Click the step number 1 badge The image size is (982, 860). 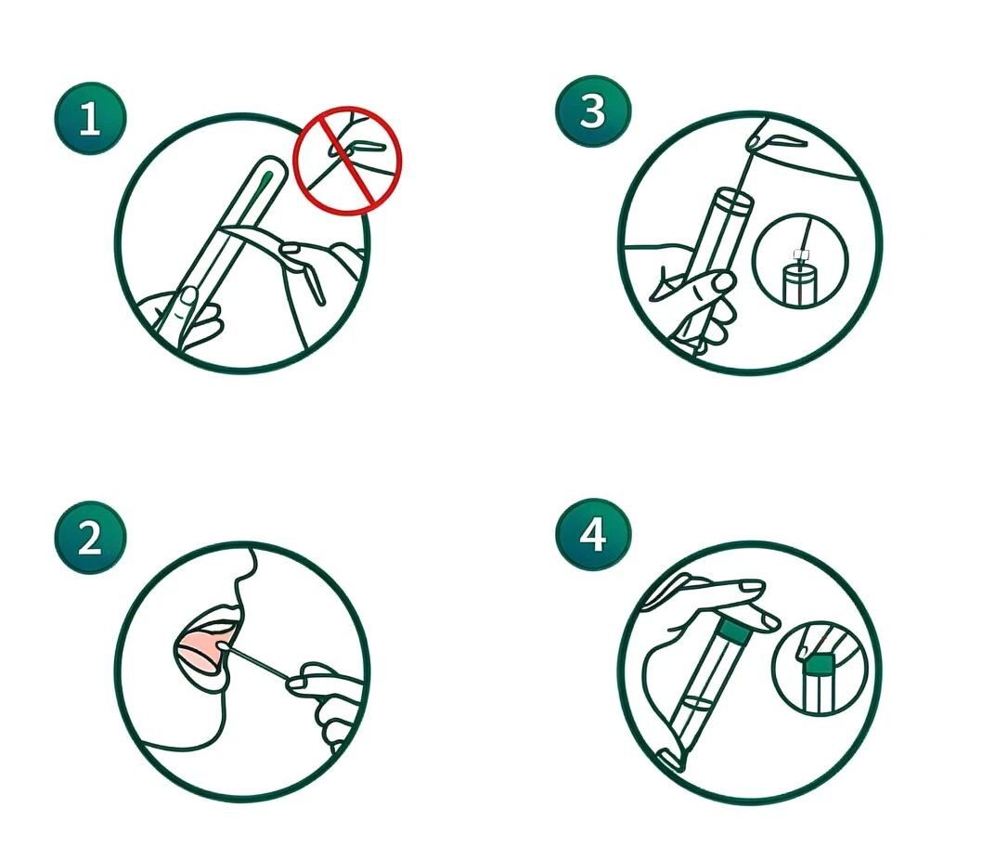[x=90, y=119]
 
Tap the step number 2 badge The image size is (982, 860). [x=90, y=537]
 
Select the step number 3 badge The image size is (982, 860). [x=593, y=111]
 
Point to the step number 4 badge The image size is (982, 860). [x=593, y=535]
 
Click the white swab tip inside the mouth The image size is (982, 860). [x=223, y=645]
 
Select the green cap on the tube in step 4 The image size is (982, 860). [x=733, y=633]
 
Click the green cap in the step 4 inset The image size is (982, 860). [x=819, y=663]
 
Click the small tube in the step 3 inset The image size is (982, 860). [x=798, y=284]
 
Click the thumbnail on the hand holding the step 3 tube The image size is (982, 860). [x=725, y=282]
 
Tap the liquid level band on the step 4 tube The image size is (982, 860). [x=698, y=703]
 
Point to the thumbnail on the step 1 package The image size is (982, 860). [x=188, y=296]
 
